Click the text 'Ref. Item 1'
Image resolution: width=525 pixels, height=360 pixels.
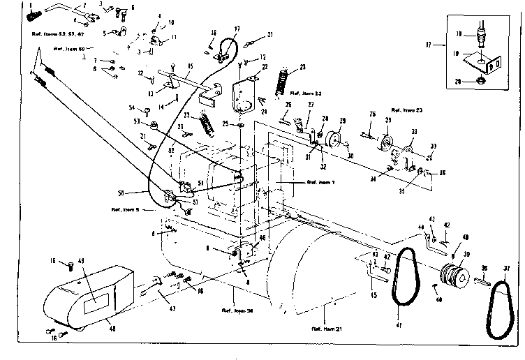tap(321, 181)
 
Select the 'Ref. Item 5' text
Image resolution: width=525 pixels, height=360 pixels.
tap(127, 210)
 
